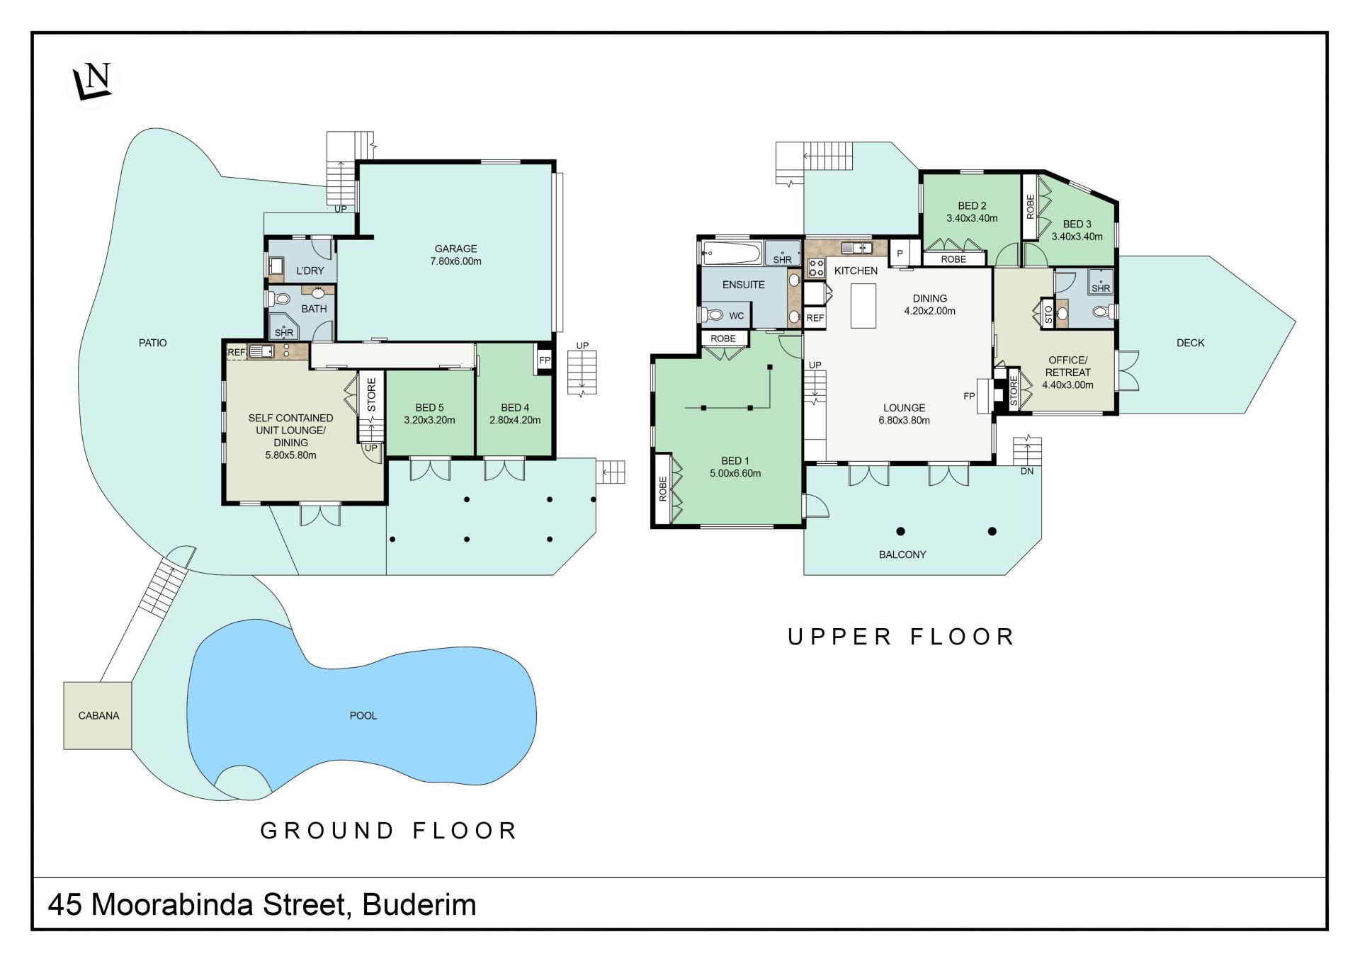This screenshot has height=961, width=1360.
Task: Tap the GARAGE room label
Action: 455,249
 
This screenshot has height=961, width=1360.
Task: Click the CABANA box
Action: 98,715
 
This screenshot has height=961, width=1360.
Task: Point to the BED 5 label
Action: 429,407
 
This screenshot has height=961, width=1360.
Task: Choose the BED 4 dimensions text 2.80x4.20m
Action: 515,420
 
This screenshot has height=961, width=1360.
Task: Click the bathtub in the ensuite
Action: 732,253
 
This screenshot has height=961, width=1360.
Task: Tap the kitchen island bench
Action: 862,305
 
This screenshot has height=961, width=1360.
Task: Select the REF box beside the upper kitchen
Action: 815,318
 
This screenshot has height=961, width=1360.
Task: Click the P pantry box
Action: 900,253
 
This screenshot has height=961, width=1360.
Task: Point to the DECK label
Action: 1190,343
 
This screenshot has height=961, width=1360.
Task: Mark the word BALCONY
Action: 902,555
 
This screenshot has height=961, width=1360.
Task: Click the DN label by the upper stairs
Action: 1027,472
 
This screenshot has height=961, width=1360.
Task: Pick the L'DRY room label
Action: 310,271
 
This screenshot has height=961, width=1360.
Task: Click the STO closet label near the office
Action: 1048,314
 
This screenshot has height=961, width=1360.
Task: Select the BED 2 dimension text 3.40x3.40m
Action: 972,218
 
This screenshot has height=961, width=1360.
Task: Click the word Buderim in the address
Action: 419,904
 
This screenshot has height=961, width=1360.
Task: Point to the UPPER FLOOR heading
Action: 902,637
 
